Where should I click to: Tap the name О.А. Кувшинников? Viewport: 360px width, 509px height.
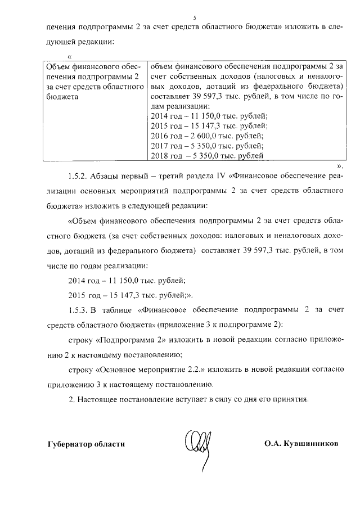301,443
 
